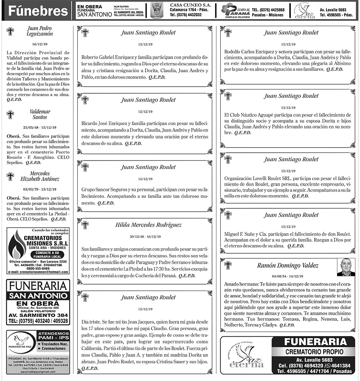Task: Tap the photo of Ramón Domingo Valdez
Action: pos(346,267)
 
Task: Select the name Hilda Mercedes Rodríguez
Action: pos(148,225)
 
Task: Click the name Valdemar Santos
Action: pos(40,114)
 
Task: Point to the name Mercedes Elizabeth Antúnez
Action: pos(40,176)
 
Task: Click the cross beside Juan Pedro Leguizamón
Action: pos(10,31)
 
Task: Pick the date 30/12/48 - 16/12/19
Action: pos(145,236)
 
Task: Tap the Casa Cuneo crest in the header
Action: pos(157,11)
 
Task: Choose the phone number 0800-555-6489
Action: pos(37,268)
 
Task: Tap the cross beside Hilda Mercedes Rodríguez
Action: pos(85,226)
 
